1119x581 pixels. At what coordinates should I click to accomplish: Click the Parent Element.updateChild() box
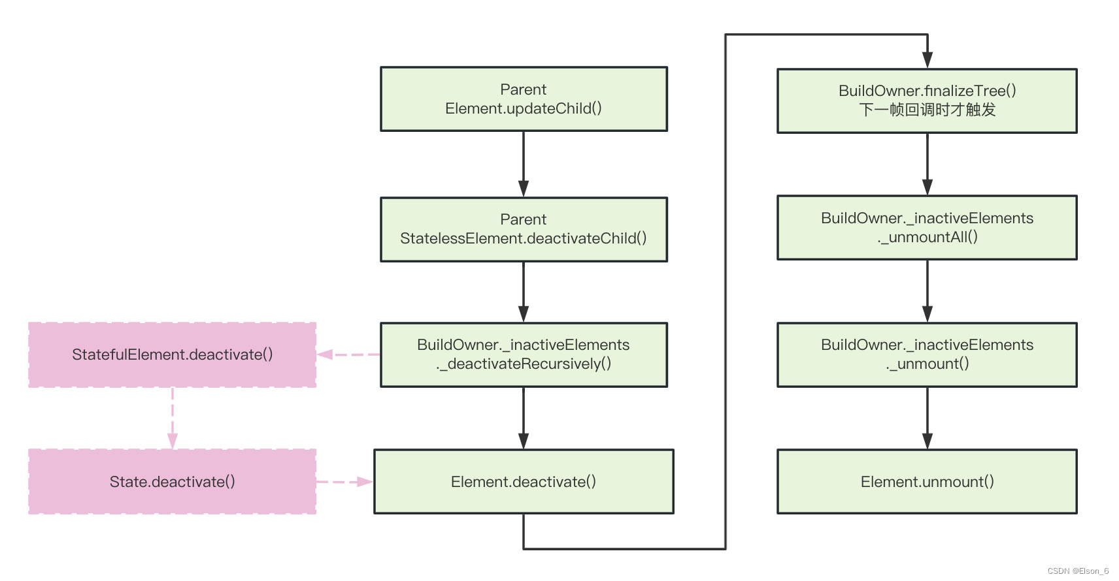point(524,99)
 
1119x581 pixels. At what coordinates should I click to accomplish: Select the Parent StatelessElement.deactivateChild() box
point(524,229)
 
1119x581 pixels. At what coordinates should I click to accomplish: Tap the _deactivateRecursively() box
point(524,354)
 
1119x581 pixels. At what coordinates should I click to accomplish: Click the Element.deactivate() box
point(524,482)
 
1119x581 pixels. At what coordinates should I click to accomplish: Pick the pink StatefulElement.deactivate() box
point(173,354)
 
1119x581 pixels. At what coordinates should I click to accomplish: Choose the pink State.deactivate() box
point(173,482)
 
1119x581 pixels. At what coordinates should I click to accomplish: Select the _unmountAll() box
point(927,228)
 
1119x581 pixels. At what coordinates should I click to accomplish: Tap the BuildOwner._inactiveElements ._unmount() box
point(927,354)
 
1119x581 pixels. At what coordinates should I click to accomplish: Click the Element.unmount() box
point(927,482)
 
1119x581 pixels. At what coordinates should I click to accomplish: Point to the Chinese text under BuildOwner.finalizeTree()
point(927,110)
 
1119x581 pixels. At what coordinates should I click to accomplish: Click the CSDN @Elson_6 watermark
point(1078,571)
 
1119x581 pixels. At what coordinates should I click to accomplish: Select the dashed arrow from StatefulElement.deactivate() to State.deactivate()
point(173,418)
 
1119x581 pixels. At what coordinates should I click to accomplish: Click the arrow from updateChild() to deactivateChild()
point(524,163)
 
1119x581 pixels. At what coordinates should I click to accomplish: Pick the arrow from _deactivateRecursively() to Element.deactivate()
point(524,418)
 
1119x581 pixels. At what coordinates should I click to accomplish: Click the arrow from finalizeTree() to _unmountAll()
point(927,163)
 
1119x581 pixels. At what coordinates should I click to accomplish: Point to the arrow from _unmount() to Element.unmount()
point(927,418)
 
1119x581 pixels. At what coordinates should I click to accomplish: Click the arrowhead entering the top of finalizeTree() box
point(927,61)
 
